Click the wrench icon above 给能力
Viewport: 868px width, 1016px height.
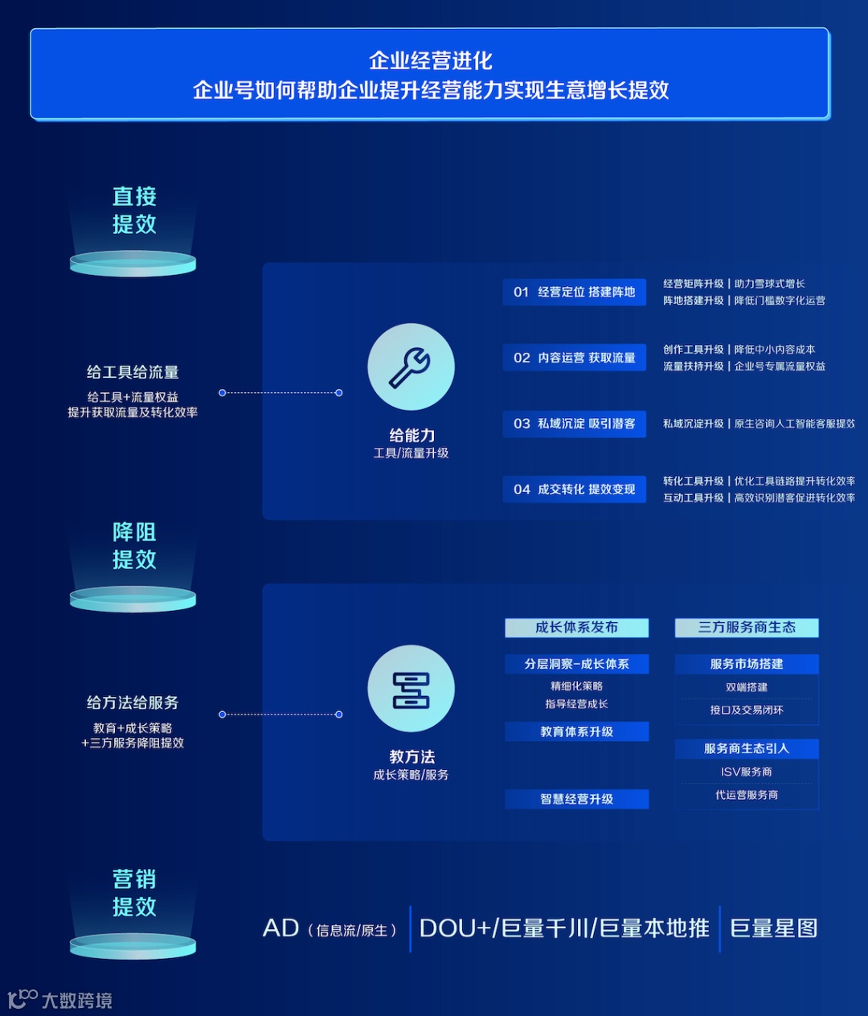[x=411, y=367]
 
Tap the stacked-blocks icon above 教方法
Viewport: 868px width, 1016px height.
[x=411, y=690]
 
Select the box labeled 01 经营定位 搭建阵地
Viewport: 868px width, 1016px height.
[x=575, y=292]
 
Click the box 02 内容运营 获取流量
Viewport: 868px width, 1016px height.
[x=575, y=358]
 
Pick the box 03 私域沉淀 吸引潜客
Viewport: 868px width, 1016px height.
[x=575, y=424]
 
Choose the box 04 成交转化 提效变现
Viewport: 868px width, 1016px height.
[x=575, y=490]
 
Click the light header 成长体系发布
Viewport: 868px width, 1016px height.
[x=576, y=628]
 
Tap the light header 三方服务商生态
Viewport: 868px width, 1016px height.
[x=747, y=628]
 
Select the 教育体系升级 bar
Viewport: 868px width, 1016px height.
[x=576, y=731]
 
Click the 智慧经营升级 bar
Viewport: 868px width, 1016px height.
[x=576, y=799]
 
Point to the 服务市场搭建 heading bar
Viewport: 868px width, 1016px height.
[x=747, y=664]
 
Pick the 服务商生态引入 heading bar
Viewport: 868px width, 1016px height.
[x=747, y=748]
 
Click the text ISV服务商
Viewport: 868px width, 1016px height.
[x=747, y=772]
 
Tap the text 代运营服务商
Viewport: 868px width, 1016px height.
[x=747, y=795]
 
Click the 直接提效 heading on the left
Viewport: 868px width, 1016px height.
[x=134, y=210]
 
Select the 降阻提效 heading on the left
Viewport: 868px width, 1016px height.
[x=134, y=546]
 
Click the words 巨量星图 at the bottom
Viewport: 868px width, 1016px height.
[x=773, y=928]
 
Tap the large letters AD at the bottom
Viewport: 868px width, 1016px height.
[x=280, y=928]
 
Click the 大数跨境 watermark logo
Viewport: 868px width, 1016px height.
[x=60, y=1000]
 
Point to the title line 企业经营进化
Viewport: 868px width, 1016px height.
[x=431, y=60]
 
